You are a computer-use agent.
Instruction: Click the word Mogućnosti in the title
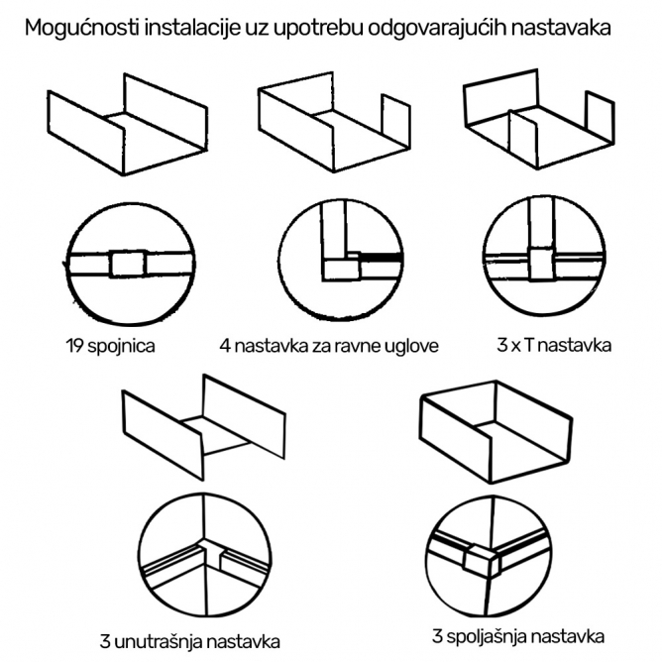82,29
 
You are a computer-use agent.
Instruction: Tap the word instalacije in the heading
192,29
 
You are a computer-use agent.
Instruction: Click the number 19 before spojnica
74,345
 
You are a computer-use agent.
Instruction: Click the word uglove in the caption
412,346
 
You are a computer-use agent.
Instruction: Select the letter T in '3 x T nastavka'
528,345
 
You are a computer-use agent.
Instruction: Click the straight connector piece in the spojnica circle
128,264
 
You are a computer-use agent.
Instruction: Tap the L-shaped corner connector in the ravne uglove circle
342,267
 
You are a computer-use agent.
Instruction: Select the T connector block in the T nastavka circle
541,264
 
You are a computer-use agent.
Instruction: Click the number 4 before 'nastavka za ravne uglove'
225,346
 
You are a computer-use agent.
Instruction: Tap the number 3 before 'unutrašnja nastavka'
105,641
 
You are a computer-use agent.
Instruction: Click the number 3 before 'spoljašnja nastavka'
437,635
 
